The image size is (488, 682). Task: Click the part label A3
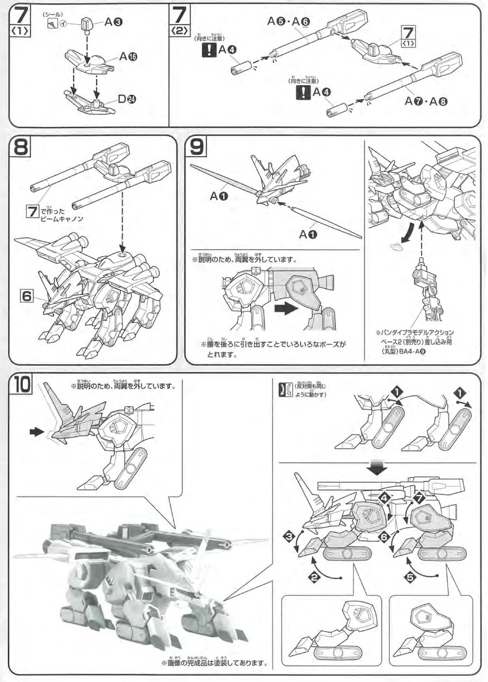pos(114,22)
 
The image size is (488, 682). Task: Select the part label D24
pos(127,99)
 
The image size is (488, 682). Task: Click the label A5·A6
pos(288,21)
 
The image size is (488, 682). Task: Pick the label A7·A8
pos(426,101)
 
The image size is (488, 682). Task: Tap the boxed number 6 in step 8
pos(27,296)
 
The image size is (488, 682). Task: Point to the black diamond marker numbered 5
pos(410,577)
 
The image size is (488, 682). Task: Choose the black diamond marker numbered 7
pos(418,499)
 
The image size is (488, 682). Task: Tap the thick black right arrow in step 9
pos(286,308)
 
